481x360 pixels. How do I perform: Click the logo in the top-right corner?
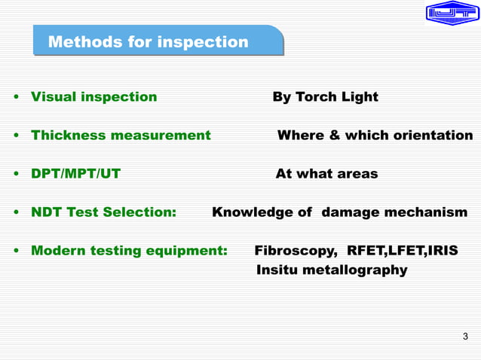tap(452, 13)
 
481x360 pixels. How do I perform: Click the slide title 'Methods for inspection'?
tap(148, 42)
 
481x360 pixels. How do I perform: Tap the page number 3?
tap(465, 336)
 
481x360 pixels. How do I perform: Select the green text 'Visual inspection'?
tap(93, 97)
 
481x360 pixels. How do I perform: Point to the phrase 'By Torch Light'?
tap(325, 97)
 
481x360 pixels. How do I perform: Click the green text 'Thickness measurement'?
tap(121, 136)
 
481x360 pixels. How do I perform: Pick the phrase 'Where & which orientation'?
tap(375, 136)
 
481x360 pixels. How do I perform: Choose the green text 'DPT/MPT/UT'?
tap(75, 174)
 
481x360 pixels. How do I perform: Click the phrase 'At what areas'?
tap(326, 174)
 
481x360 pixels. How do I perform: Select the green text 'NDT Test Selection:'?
tap(103, 212)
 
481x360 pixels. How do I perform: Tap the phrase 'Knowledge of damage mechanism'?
tap(339, 212)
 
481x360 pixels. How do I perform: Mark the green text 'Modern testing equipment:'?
tap(129, 251)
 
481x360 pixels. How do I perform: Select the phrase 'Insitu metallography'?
tap(332, 270)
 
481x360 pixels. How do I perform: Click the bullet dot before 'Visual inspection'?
tap(15, 98)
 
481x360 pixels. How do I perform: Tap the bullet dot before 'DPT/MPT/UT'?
tap(15, 175)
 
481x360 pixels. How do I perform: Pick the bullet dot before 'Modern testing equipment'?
tap(15, 252)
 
